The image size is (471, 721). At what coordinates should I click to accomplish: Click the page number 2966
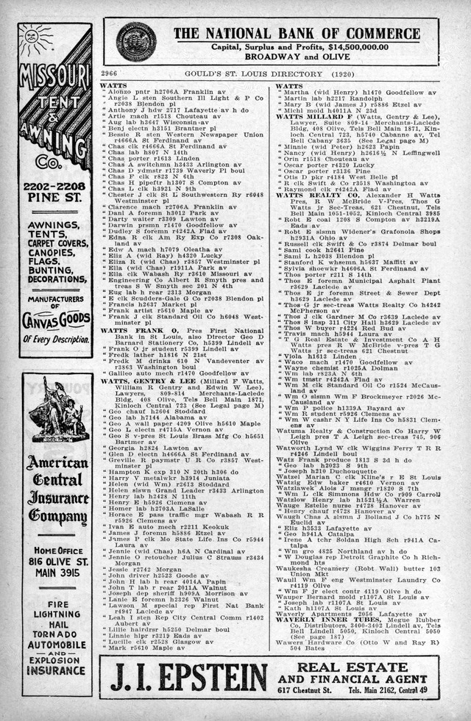[x=109, y=75]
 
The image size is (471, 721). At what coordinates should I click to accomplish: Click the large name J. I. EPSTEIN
[x=188, y=676]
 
